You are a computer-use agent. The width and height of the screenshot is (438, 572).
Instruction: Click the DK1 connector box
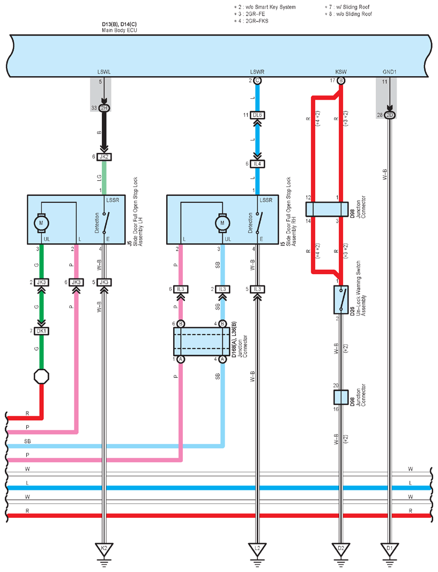click(41, 331)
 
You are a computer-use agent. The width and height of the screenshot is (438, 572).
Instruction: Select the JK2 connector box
click(104, 157)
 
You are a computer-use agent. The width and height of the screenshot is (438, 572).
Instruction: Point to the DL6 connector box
click(257, 115)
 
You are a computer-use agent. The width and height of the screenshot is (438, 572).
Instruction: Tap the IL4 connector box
click(257, 164)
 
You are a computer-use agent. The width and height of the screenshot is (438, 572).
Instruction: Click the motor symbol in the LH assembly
click(41, 223)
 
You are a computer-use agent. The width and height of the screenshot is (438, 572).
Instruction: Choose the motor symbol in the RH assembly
click(222, 223)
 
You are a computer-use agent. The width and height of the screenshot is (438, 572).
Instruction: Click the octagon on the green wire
click(41, 376)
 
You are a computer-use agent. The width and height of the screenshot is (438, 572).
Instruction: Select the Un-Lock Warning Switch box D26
click(341, 300)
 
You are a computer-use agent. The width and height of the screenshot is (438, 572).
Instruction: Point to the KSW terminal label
click(341, 72)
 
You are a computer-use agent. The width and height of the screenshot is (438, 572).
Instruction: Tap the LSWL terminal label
click(104, 72)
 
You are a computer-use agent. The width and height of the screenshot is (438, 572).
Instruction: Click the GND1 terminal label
click(389, 72)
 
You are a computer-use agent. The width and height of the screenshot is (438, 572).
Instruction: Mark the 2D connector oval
click(390, 115)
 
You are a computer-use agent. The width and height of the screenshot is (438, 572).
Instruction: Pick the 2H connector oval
click(104, 108)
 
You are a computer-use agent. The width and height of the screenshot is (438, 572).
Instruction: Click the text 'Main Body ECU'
click(120, 30)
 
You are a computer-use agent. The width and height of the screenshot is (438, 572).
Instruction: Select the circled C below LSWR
click(257, 80)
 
